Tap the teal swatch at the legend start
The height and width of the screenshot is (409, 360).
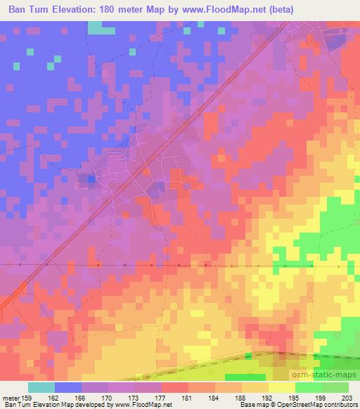pyautogui.click(x=41, y=387)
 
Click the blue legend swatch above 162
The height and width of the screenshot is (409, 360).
pyautogui.click(x=67, y=387)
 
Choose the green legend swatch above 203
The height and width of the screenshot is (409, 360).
pyautogui.click(x=335, y=387)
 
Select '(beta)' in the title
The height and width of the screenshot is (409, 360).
pyautogui.click(x=278, y=10)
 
